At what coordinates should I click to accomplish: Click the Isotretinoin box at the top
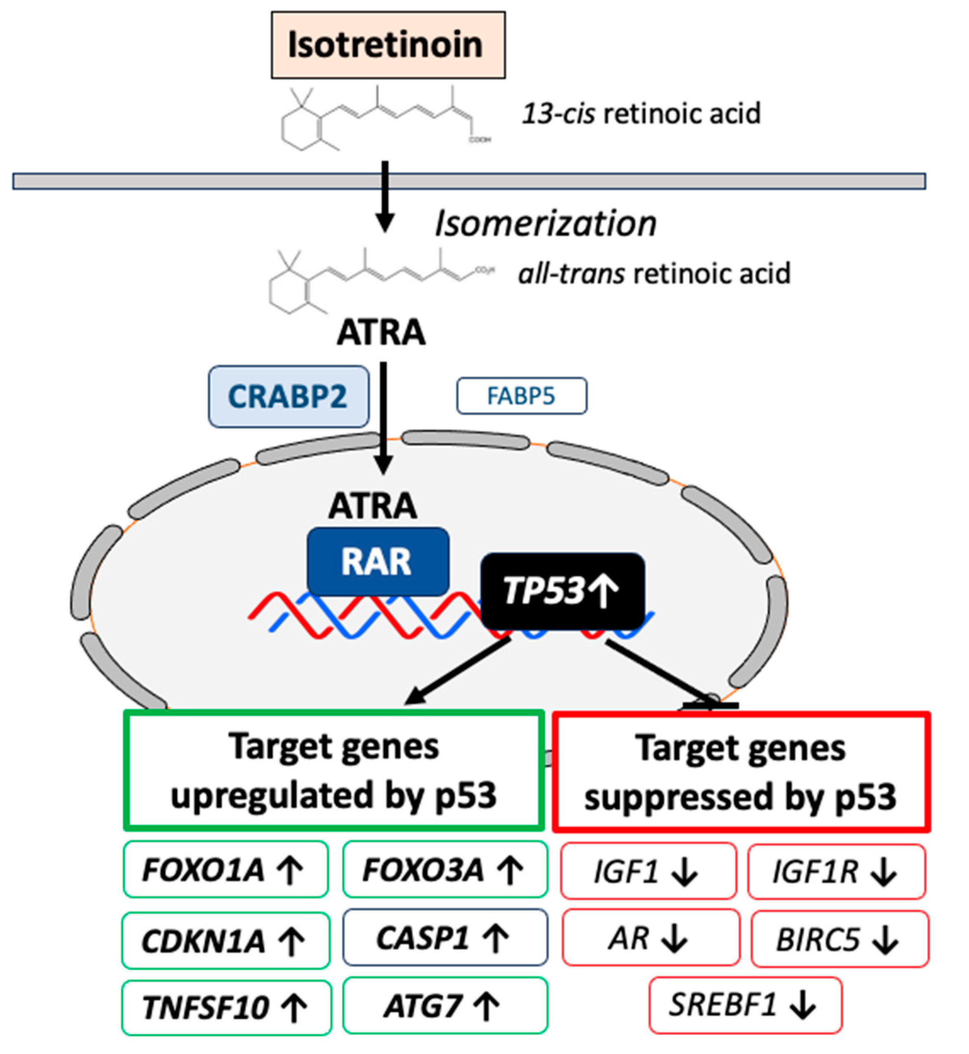pyautogui.click(x=388, y=45)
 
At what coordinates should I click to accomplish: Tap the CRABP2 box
pyautogui.click(x=289, y=397)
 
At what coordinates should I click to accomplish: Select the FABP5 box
pyautogui.click(x=521, y=396)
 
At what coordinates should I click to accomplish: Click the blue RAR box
pyautogui.click(x=378, y=561)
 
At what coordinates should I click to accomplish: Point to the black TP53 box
pyautogui.click(x=562, y=591)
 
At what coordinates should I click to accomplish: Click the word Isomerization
pyautogui.click(x=545, y=224)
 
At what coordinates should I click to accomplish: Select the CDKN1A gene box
pyautogui.click(x=225, y=940)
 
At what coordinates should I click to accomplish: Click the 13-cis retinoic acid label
pyautogui.click(x=641, y=113)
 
